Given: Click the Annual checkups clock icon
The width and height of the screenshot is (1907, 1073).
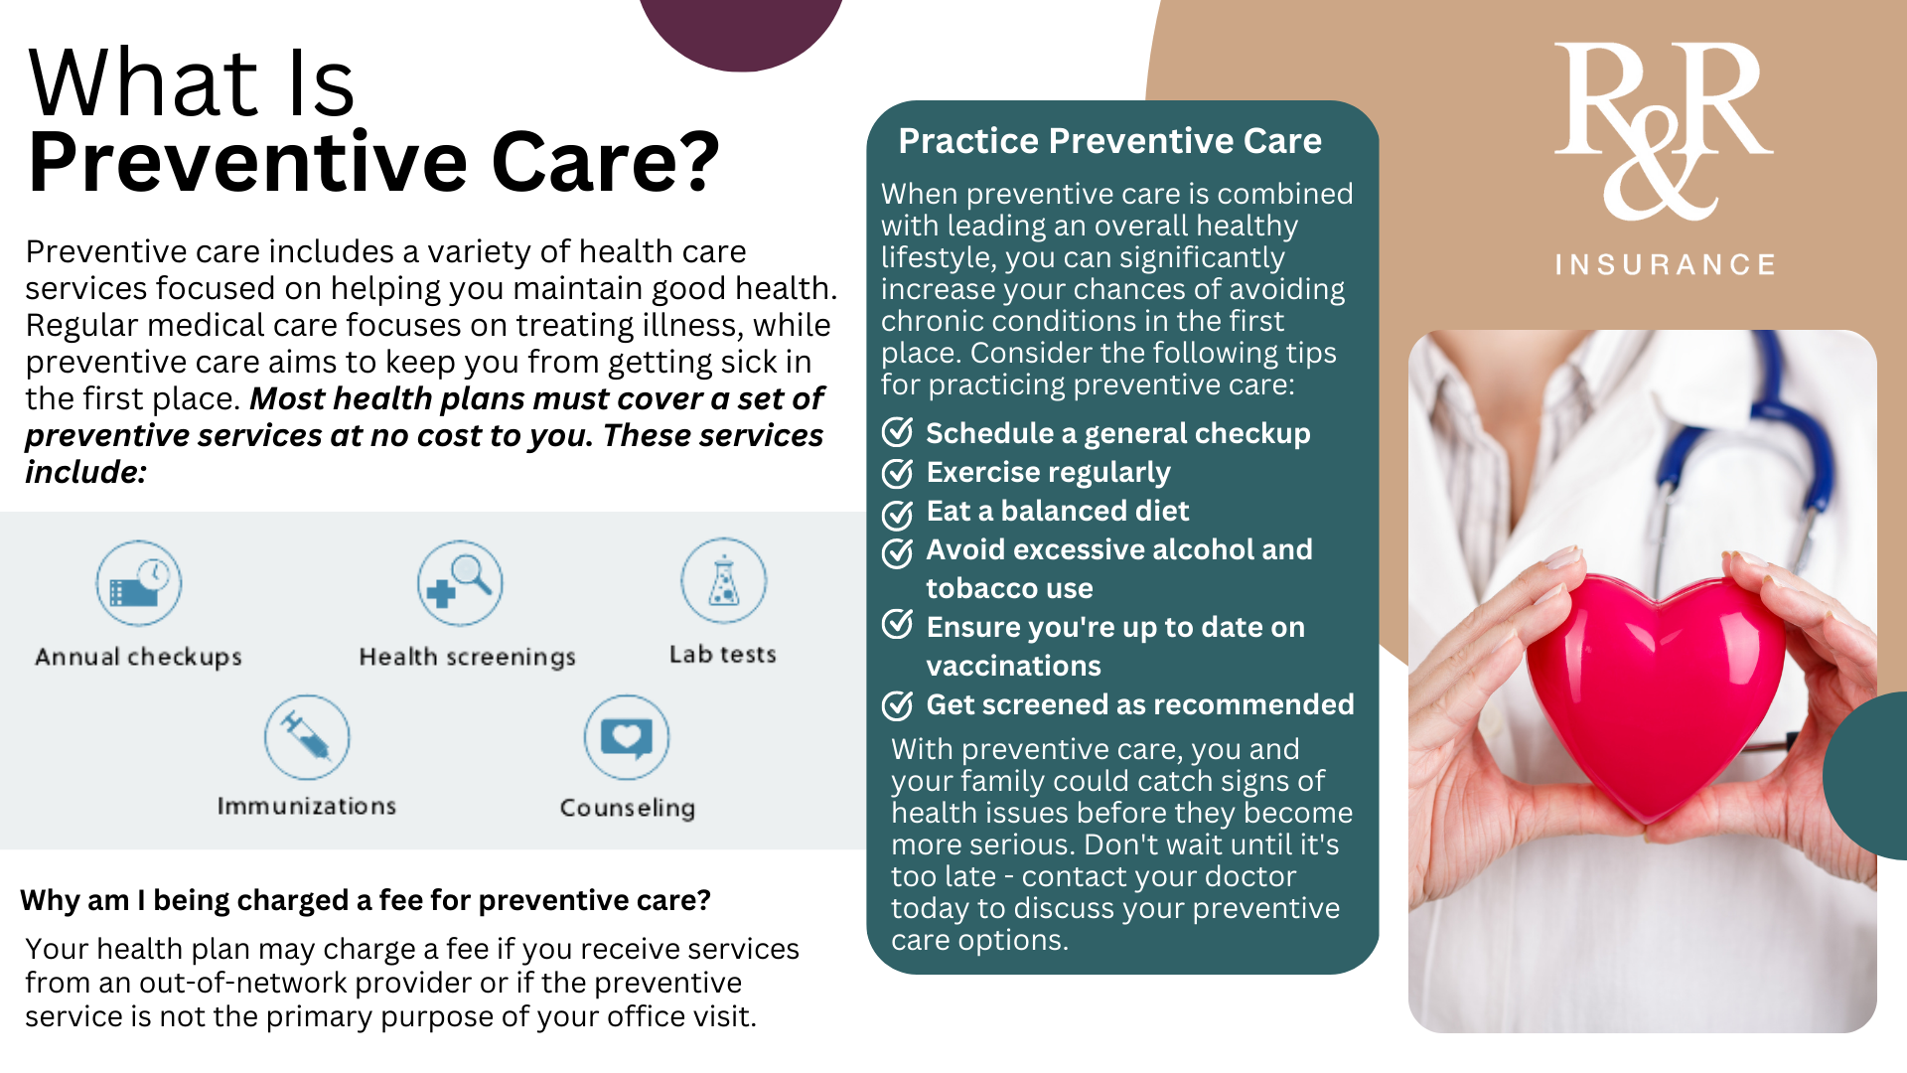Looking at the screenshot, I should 138,583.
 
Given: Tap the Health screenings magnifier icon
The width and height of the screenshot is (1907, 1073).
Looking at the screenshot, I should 460,583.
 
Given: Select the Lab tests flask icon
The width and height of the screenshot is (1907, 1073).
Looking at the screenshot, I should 723,581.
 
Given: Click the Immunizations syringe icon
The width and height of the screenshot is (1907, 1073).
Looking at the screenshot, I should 307,737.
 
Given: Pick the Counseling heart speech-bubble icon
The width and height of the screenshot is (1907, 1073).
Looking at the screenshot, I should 627,737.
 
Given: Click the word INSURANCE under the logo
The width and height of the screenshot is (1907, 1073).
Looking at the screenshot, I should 1666,265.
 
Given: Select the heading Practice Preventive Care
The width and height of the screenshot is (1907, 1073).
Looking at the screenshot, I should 1109,141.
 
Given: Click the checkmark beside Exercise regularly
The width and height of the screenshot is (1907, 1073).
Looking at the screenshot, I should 898,473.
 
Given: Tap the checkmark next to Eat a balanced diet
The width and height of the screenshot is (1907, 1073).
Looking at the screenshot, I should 898,513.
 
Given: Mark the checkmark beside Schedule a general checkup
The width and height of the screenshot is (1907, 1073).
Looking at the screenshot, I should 898,433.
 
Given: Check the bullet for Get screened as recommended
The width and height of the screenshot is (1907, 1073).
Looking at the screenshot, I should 898,705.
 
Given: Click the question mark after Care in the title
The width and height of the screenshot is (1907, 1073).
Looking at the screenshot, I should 700,162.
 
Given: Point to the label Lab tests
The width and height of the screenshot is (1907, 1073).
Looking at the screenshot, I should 722,655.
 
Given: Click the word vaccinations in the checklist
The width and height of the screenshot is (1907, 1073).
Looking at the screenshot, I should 1013,666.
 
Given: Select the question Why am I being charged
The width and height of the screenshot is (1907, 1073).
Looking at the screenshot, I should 365,900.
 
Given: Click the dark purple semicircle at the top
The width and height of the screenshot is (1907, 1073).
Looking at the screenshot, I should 741,30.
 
